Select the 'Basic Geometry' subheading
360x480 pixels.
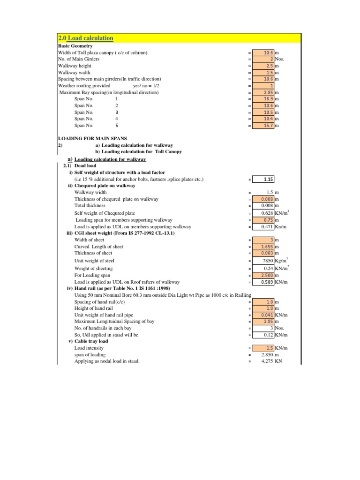pyautogui.click(x=75, y=46)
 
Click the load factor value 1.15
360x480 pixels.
pyautogui.click(x=268, y=179)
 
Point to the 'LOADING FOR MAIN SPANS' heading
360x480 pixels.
pyautogui.click(x=92, y=139)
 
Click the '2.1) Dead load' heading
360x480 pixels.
pyautogui.click(x=79, y=166)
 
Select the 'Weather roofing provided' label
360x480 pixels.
pyautogui.click(x=84, y=86)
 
